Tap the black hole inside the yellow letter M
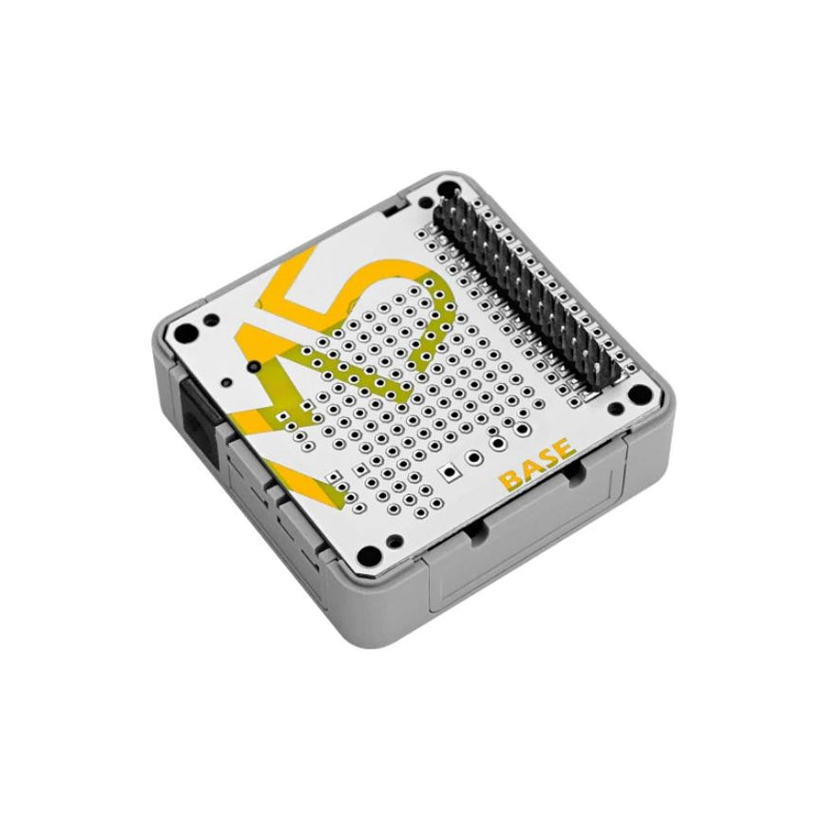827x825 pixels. (254, 365)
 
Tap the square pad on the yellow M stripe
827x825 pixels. (332, 472)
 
